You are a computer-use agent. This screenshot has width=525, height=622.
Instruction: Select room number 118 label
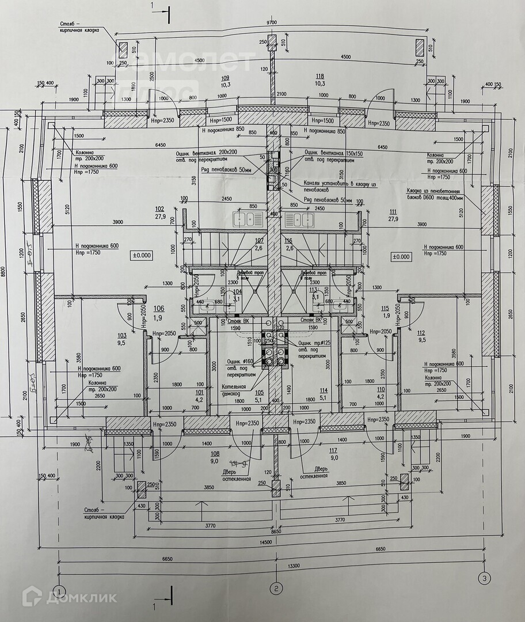click(x=320, y=76)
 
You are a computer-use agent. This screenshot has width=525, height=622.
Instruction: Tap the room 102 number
click(x=160, y=209)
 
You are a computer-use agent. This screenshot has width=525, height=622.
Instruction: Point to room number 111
click(x=394, y=211)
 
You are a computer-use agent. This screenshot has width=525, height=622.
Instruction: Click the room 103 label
click(x=121, y=335)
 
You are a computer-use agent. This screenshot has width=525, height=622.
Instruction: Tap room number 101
click(x=199, y=393)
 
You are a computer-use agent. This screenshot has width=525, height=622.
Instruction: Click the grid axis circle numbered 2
click(x=276, y=588)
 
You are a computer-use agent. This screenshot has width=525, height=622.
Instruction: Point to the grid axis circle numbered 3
click(x=484, y=577)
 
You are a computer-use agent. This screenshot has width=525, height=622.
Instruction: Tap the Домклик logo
click(x=69, y=597)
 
